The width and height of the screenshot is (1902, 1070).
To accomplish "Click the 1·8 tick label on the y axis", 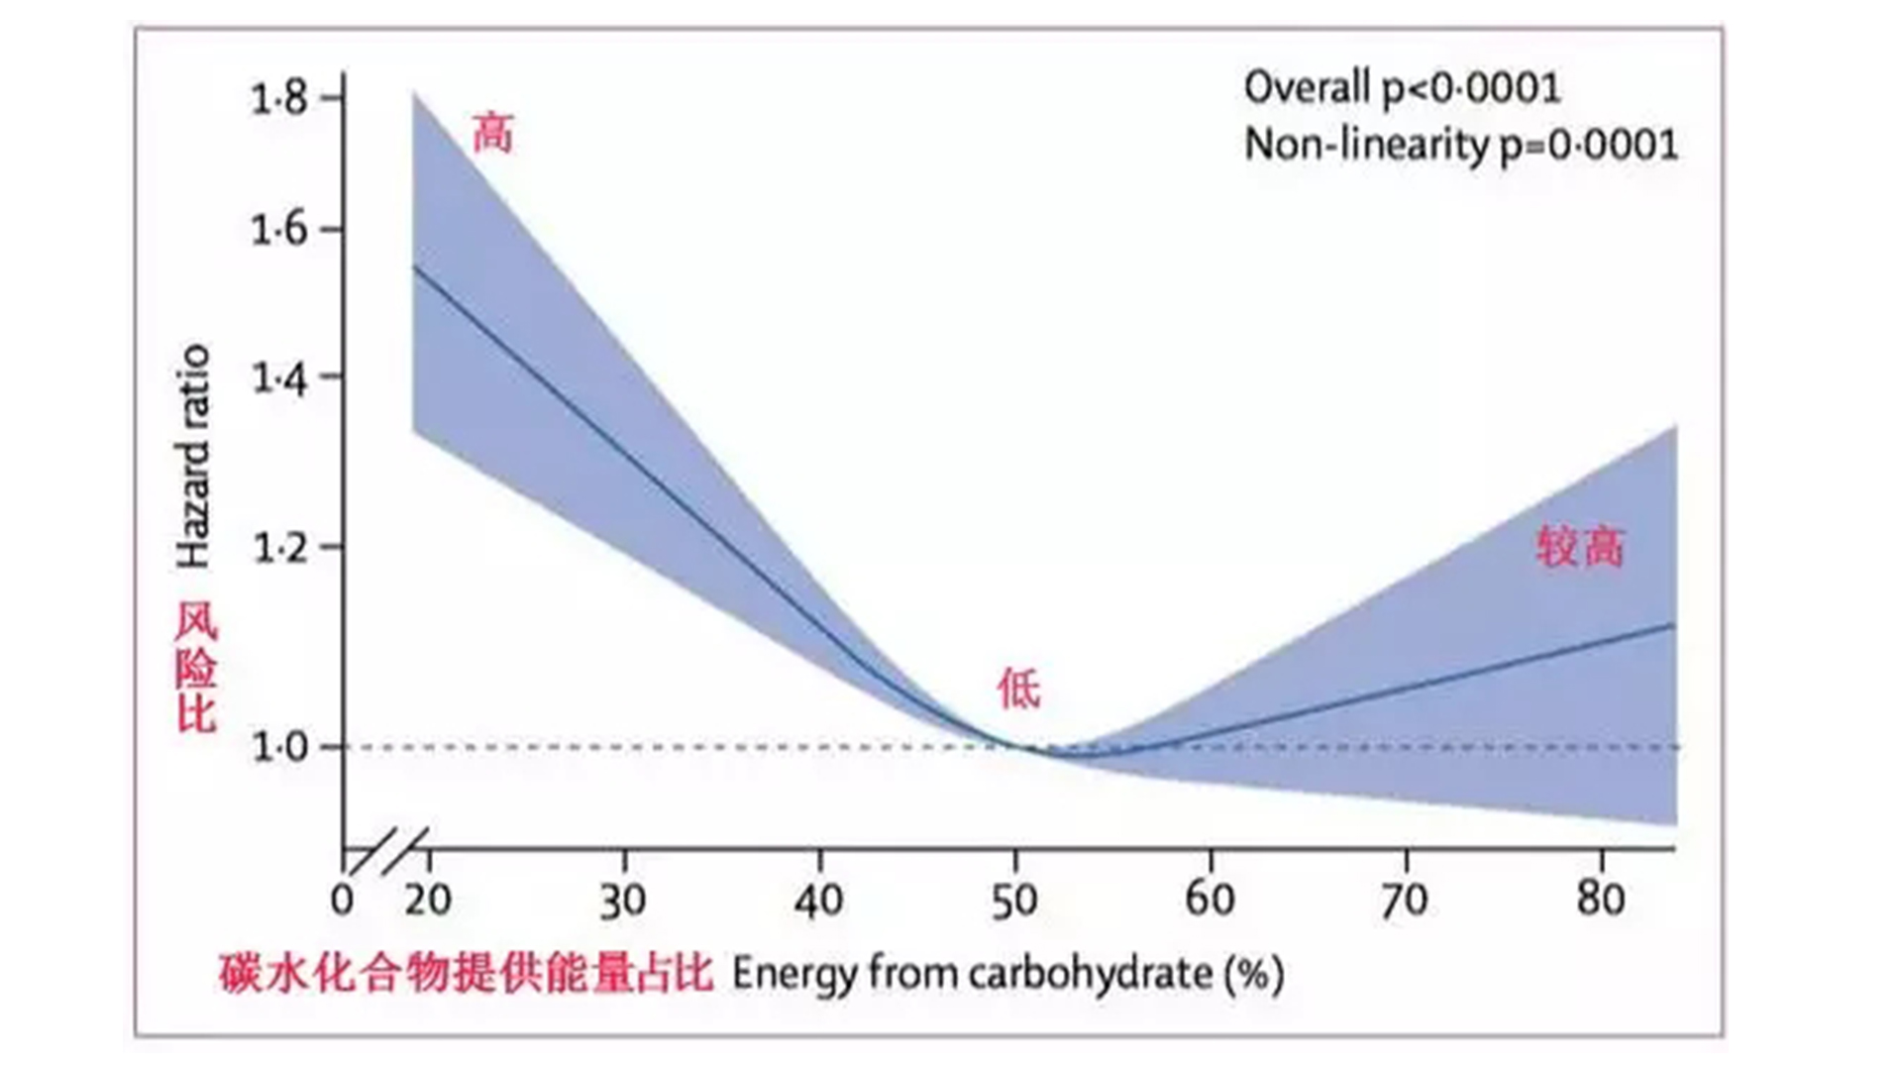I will [x=279, y=99].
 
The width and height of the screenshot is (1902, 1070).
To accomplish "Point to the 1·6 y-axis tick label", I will [x=279, y=230].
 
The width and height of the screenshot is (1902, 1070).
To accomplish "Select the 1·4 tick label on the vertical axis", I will [x=280, y=377].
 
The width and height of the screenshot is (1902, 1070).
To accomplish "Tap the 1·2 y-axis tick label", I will [x=281, y=547].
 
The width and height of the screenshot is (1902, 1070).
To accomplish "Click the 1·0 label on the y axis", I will [x=280, y=746].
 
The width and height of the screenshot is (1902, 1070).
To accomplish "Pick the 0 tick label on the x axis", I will [x=342, y=900].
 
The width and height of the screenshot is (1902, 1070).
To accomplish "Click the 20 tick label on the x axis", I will [x=428, y=900].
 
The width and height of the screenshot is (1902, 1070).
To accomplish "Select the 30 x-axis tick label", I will [x=623, y=901].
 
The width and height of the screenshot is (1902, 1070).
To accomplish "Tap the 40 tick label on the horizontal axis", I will [x=818, y=901].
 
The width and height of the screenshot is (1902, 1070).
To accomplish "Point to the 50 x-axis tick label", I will [x=1014, y=901].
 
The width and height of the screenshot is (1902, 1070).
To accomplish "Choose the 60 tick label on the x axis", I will [x=1210, y=900].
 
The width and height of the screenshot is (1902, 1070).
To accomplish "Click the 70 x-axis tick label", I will [x=1405, y=901].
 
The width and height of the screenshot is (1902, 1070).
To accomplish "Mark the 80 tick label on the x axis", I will [x=1601, y=900].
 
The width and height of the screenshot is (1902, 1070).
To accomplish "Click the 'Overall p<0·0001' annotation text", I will [x=1402, y=88].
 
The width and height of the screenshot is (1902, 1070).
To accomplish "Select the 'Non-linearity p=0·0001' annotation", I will [x=1460, y=145].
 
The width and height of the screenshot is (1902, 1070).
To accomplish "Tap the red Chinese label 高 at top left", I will [x=492, y=133].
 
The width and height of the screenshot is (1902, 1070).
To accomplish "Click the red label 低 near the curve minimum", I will [x=1019, y=689].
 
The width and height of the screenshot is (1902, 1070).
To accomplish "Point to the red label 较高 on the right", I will [x=1580, y=546].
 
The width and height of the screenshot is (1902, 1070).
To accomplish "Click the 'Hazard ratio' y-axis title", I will [x=193, y=456].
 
